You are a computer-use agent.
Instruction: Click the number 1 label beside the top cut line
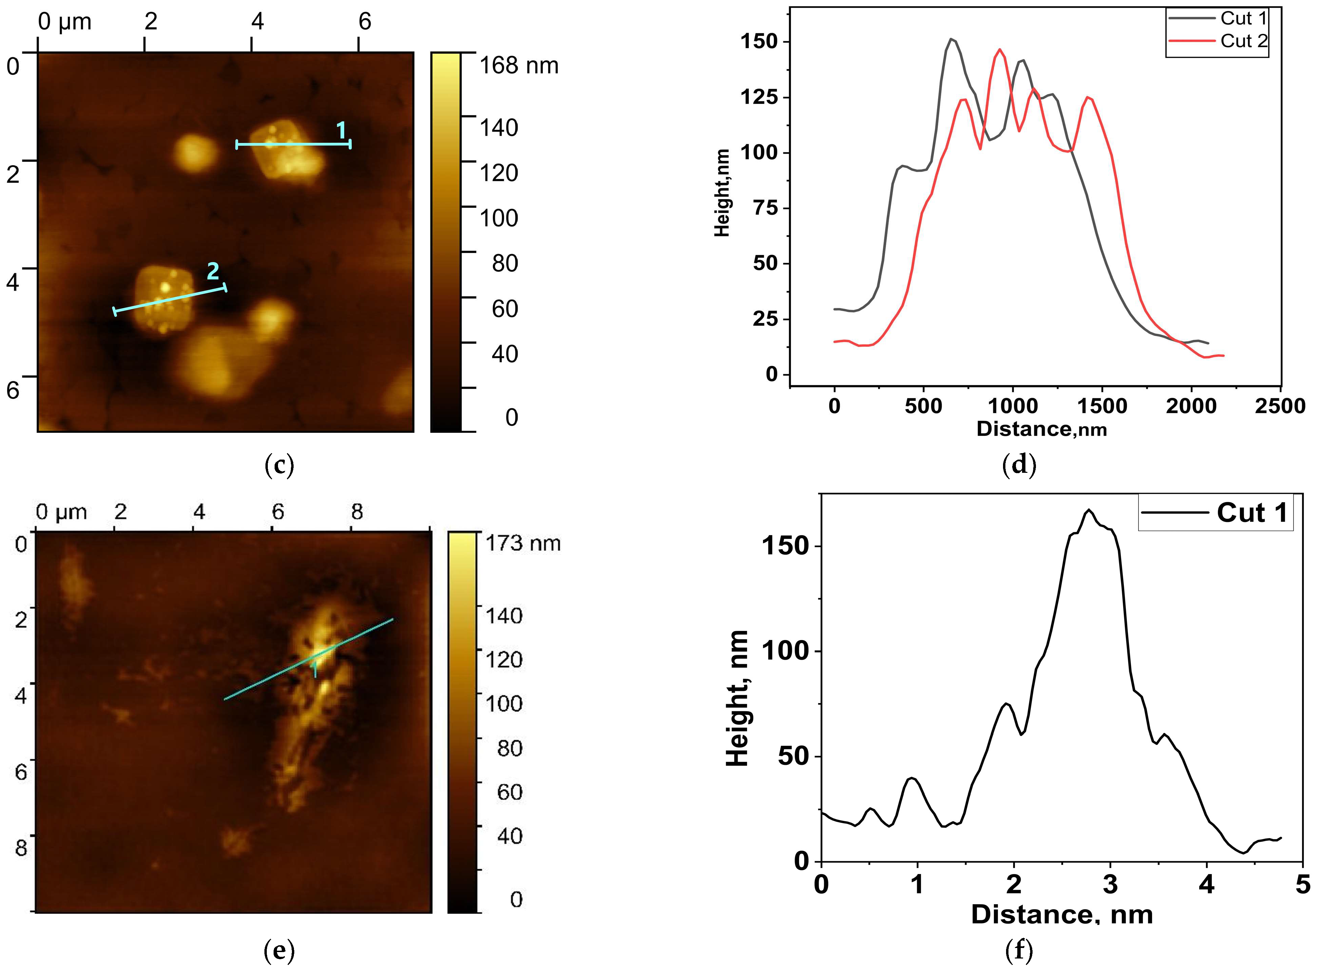pos(341,130)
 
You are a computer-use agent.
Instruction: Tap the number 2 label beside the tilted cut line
pos(213,271)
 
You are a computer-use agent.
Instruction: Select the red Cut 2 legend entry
pos(1243,41)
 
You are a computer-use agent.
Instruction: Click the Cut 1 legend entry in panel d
pos(1243,18)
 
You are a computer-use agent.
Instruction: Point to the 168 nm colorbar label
pos(519,65)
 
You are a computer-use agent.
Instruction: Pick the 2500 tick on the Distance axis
pos(1280,406)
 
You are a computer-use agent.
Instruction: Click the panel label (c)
pos(279,465)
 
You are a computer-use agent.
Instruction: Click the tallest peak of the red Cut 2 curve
pos(1000,49)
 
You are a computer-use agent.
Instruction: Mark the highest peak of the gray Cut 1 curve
pos(951,39)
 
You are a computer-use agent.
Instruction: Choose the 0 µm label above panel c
pos(64,22)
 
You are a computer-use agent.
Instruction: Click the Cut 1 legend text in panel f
pos(1251,513)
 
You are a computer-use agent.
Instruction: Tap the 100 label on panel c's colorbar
pos(499,218)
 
